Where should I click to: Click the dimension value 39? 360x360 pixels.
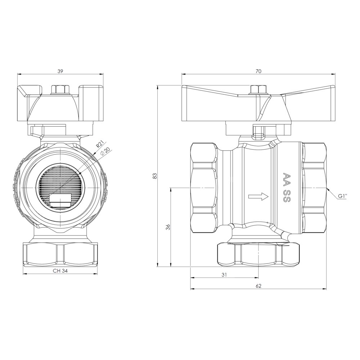click(x=60, y=71)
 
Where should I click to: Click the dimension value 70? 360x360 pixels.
click(x=258, y=71)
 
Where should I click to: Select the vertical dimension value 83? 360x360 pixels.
click(x=155, y=176)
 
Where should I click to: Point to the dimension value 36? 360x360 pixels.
click(x=168, y=227)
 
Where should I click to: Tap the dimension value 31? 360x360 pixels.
click(x=224, y=275)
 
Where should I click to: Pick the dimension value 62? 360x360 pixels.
click(x=258, y=286)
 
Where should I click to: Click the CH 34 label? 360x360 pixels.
click(x=60, y=271)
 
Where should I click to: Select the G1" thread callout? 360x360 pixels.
click(x=343, y=196)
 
